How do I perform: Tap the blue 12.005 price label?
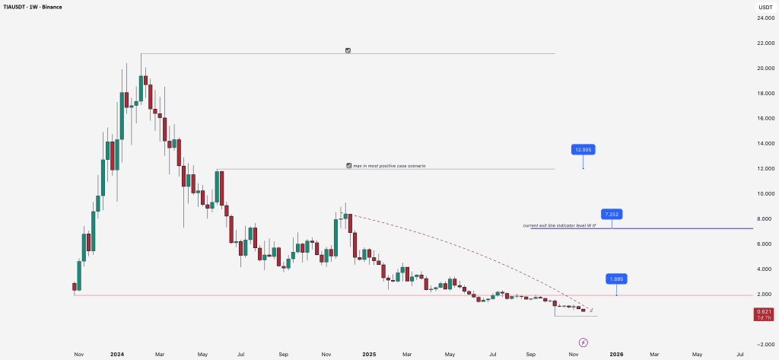click(x=583, y=150)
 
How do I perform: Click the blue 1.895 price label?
click(x=616, y=279)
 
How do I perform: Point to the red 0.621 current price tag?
click(x=763, y=311)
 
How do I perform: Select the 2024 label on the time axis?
click(x=117, y=355)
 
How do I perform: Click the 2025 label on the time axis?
click(x=369, y=355)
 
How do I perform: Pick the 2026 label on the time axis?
click(x=616, y=355)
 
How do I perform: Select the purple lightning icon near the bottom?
click(x=583, y=342)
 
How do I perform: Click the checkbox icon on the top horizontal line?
click(x=348, y=50)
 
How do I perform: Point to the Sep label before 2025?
click(x=283, y=355)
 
